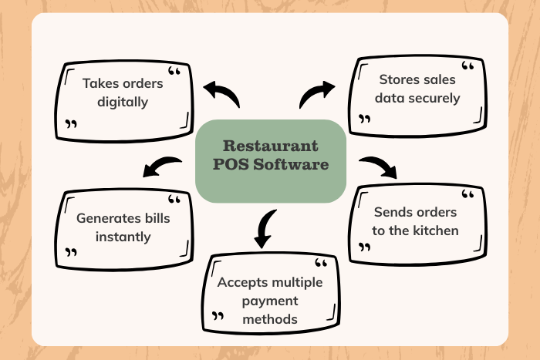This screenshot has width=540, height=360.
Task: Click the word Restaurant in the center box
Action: [270, 146]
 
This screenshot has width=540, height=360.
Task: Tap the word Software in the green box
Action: [291, 164]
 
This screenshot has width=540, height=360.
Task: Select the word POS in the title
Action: [231, 164]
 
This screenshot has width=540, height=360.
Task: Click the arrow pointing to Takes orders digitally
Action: [221, 93]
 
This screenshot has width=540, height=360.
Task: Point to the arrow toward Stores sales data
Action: [317, 94]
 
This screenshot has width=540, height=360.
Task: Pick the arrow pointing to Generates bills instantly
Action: [162, 167]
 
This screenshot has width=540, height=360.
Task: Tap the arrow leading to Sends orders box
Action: [378, 167]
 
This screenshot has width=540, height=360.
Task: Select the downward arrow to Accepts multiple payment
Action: [265, 228]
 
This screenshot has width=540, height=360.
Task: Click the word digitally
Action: [123, 103]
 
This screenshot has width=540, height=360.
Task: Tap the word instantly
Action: [123, 237]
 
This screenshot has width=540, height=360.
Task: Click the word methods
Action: [270, 319]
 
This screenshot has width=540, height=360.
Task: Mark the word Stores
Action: [397, 79]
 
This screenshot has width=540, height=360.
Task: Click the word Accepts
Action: [243, 283]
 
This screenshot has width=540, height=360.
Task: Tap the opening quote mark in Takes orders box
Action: [174, 71]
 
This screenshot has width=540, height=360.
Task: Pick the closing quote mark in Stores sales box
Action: [364, 119]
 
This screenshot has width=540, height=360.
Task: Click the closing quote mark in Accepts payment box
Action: [218, 316]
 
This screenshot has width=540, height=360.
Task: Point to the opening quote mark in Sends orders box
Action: [467, 194]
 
